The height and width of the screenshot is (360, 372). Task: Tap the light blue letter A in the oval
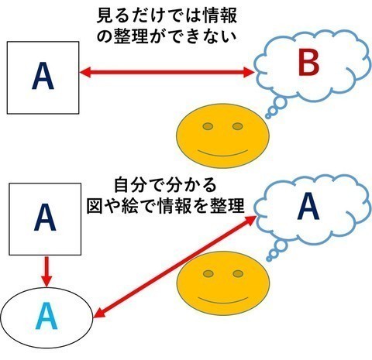pos(46,317)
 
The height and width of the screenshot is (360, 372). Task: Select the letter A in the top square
pos(43,77)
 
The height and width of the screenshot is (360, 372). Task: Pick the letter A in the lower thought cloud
pos(308,207)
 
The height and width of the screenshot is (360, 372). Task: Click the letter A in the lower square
pos(45,217)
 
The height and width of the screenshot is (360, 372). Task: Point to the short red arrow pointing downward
pos(46,271)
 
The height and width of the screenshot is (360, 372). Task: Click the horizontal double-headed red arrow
pos(167,72)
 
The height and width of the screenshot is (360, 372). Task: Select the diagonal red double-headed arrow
pos(174,267)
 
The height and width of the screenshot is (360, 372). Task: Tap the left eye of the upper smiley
pos(208,126)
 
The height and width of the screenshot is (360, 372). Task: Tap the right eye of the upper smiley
pos(237,126)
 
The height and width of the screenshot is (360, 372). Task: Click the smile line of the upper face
pos(222,154)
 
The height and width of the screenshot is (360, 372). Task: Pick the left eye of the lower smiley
pos(208,273)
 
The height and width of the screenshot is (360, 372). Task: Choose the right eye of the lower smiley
pos(238,273)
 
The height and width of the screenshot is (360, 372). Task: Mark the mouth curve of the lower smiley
pos(223,301)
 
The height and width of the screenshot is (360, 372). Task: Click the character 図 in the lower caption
pos(95,206)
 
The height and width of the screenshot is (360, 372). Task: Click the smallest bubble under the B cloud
pos(268,117)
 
